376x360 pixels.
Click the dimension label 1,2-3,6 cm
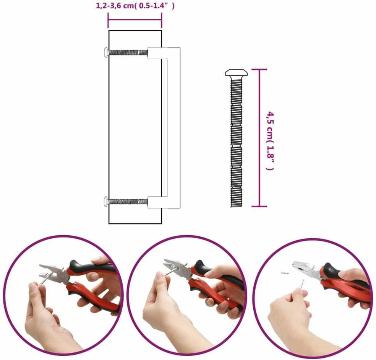coord(115,6)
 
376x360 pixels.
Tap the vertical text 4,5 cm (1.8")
coord(270,141)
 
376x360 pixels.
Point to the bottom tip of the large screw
coord(236,207)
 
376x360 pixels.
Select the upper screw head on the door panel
coord(106,52)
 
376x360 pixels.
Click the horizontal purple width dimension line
coord(135,20)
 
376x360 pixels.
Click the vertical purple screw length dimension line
coord(259,138)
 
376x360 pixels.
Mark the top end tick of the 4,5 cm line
coord(259,70)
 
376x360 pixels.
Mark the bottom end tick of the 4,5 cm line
coord(259,206)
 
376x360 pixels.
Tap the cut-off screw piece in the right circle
coord(285,273)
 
